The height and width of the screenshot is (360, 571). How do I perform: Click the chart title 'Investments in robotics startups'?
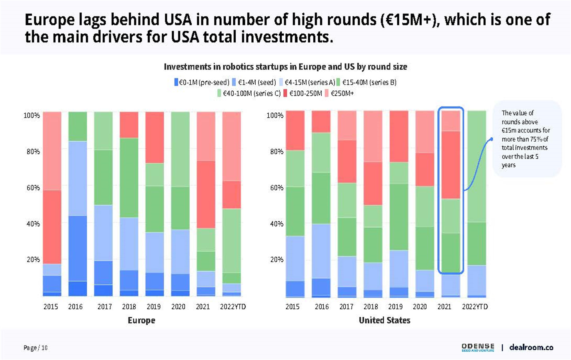click(285, 67)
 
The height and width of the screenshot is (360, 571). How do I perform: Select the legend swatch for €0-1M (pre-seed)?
click(176, 82)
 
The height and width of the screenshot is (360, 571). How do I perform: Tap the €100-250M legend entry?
click(303, 94)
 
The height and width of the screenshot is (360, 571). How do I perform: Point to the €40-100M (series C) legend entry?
click(248, 94)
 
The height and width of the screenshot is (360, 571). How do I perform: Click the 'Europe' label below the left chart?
click(141, 320)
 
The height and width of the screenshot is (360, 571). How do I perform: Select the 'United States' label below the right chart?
click(384, 320)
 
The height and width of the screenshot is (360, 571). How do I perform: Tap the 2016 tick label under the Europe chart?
click(75, 307)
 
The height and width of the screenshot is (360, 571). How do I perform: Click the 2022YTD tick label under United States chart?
click(475, 307)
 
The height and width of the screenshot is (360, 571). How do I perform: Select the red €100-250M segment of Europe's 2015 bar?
click(52, 227)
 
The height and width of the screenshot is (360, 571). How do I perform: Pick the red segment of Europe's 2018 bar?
click(129, 125)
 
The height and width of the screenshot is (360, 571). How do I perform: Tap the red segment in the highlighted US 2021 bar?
click(451, 165)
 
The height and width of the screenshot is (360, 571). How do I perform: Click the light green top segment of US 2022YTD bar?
click(477, 166)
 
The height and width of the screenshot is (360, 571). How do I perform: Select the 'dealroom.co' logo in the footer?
click(531, 347)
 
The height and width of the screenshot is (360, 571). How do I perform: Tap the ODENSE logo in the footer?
click(478, 347)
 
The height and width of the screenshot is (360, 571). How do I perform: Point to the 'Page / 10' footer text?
click(35, 348)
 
